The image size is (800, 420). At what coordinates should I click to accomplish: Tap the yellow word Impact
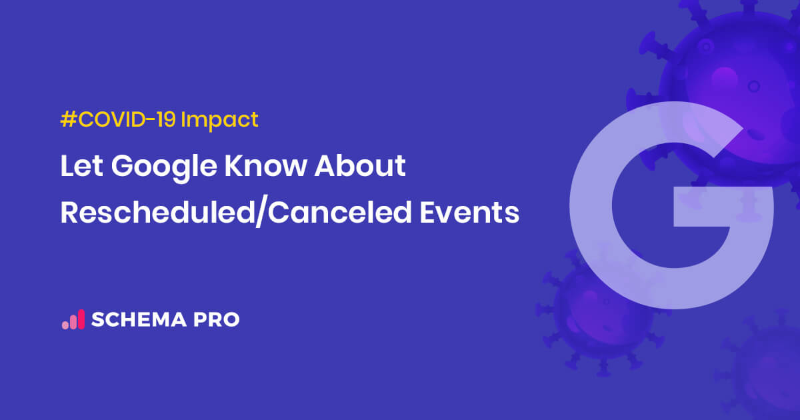click(219, 121)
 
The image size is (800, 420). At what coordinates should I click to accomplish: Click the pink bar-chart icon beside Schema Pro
click(73, 319)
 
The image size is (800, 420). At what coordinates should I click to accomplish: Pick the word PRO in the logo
click(215, 320)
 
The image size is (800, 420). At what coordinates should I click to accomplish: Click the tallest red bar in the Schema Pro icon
click(81, 319)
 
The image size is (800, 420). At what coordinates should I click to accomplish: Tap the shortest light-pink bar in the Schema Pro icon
click(65, 325)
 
